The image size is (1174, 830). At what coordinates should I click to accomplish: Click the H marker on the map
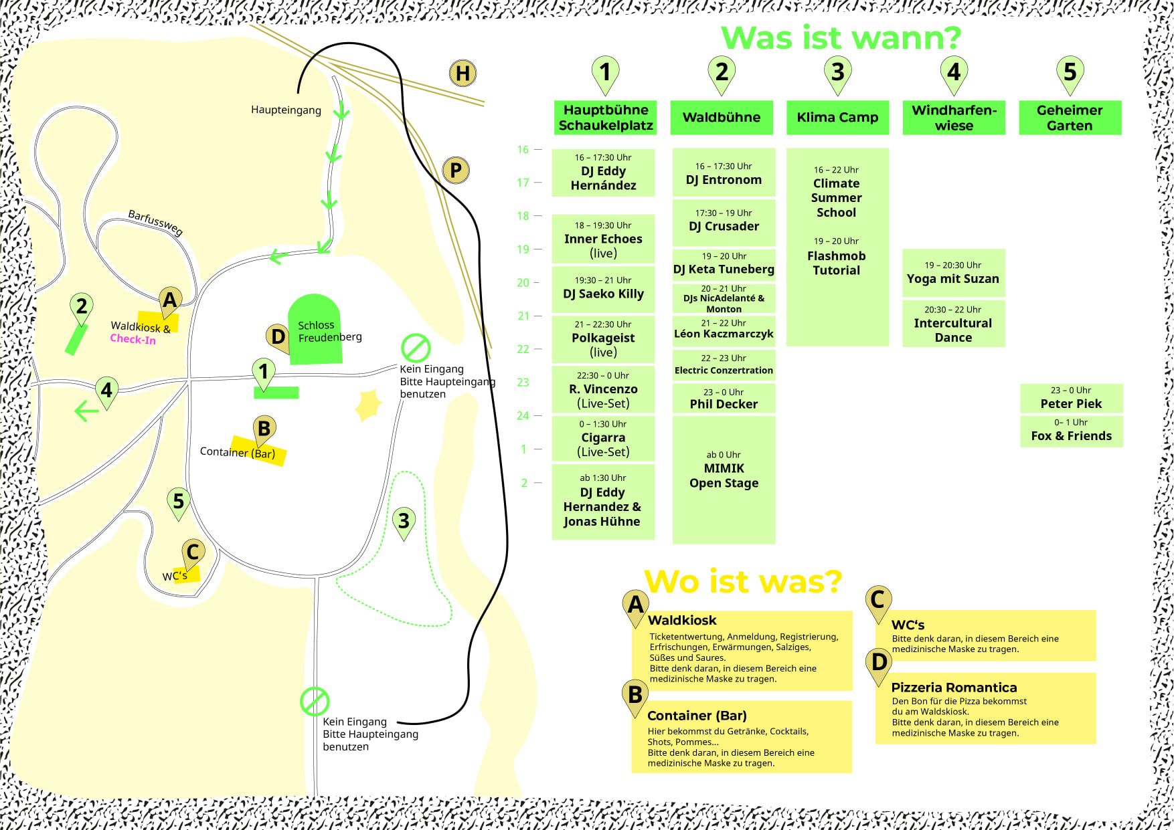tap(463, 73)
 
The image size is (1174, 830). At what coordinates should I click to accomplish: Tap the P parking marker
tap(456, 171)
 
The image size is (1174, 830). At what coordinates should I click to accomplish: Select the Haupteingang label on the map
tap(286, 110)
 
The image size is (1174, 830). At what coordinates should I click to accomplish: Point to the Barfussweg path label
tap(155, 223)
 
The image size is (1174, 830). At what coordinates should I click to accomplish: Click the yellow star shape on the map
tap(367, 405)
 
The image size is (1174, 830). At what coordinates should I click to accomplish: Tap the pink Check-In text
tap(133, 340)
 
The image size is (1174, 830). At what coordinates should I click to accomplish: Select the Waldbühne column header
tap(722, 118)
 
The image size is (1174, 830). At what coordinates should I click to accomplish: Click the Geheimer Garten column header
tap(1070, 118)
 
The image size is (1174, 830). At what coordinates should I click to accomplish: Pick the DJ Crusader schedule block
tap(724, 221)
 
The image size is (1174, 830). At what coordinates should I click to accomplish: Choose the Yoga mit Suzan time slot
tap(953, 273)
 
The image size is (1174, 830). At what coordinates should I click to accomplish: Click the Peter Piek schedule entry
tap(1071, 398)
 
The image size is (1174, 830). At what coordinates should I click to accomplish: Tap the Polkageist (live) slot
tap(603, 338)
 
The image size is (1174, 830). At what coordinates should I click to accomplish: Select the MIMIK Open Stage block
tap(724, 476)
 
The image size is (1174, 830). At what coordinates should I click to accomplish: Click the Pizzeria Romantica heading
tap(954, 688)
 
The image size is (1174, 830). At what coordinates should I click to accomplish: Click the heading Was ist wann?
tap(841, 37)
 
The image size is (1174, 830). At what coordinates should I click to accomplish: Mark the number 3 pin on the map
tap(404, 521)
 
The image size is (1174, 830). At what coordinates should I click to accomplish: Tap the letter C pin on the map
tap(193, 553)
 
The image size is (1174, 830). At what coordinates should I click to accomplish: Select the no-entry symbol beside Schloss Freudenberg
tap(415, 348)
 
